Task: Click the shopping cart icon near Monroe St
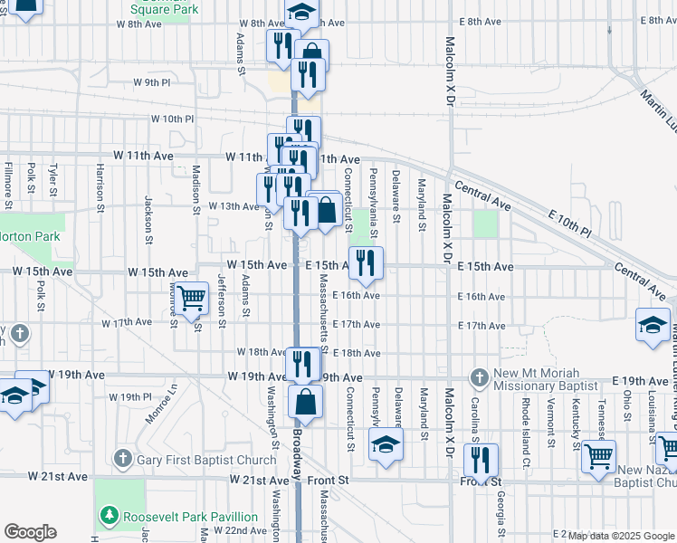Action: click(x=191, y=299)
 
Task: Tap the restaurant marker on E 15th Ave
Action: click(x=366, y=263)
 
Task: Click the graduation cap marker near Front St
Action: click(x=385, y=446)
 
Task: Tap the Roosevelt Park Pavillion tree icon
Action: click(x=110, y=515)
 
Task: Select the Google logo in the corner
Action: click(x=30, y=532)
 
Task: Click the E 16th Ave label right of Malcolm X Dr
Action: click(x=482, y=296)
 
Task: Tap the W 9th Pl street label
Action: click(x=151, y=82)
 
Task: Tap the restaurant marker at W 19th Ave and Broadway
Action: click(x=302, y=363)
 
